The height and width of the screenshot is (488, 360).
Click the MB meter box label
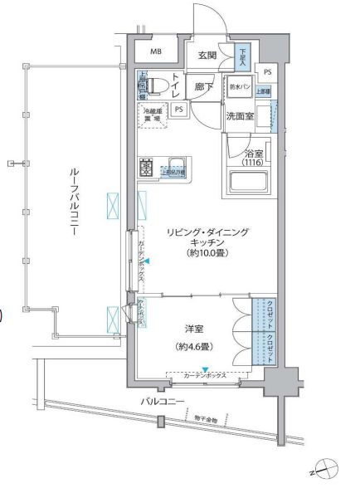click(156, 52)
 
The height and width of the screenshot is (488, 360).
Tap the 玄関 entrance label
click(208, 56)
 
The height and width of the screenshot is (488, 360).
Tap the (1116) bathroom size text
click(252, 163)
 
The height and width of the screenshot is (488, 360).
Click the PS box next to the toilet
click(180, 108)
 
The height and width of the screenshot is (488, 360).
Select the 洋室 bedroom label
click(195, 328)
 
